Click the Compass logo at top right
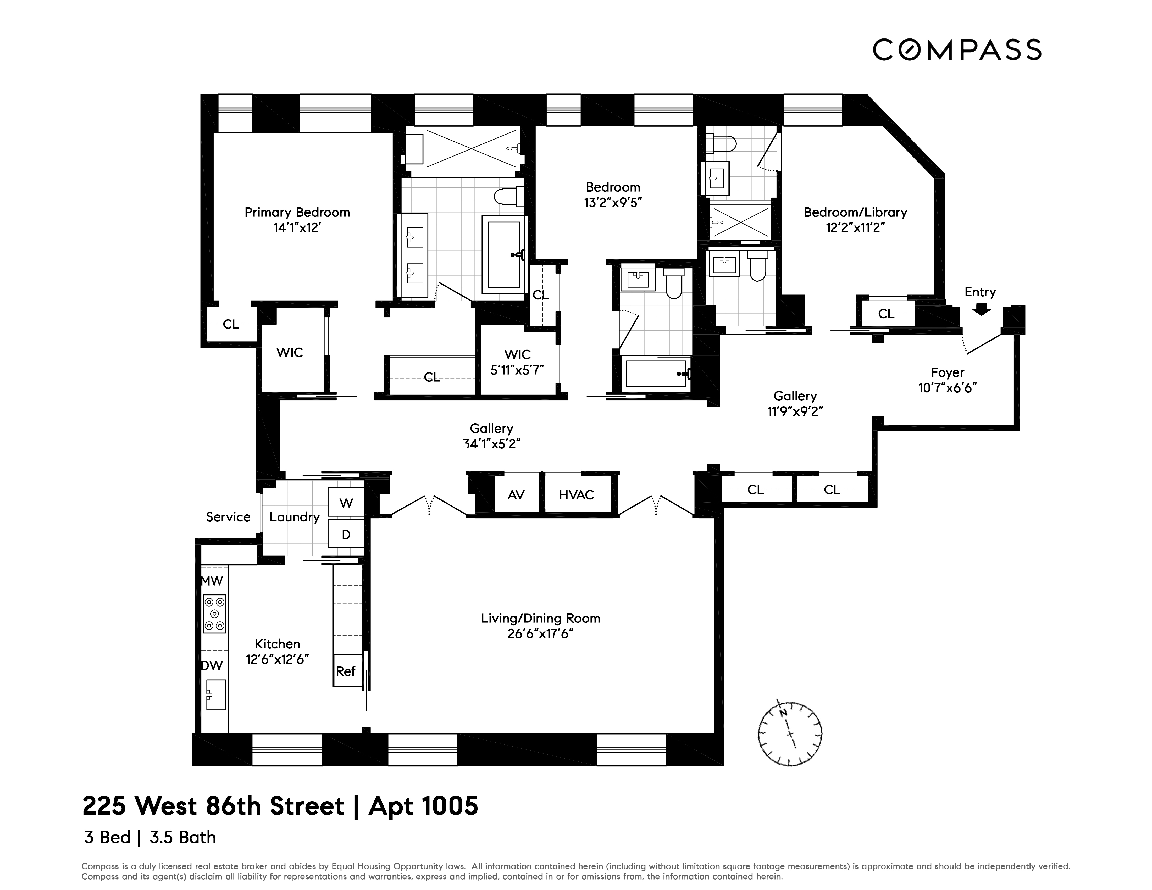pyautogui.click(x=957, y=50)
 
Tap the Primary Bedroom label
pyautogui.click(x=297, y=213)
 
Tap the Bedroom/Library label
pyautogui.click(x=855, y=213)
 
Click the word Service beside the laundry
pyautogui.click(x=228, y=517)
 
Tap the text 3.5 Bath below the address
pyautogui.click(x=182, y=837)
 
